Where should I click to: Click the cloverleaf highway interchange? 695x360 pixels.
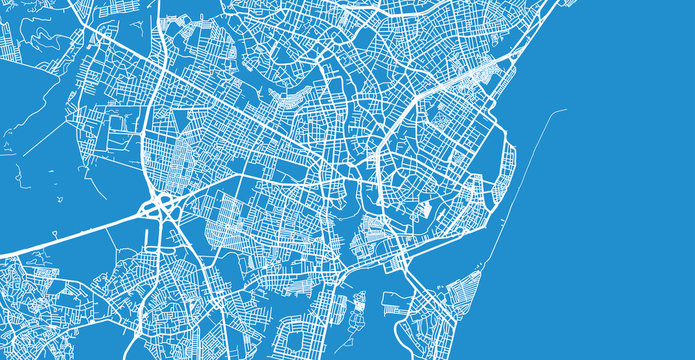pyautogui.click(x=159, y=208)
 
